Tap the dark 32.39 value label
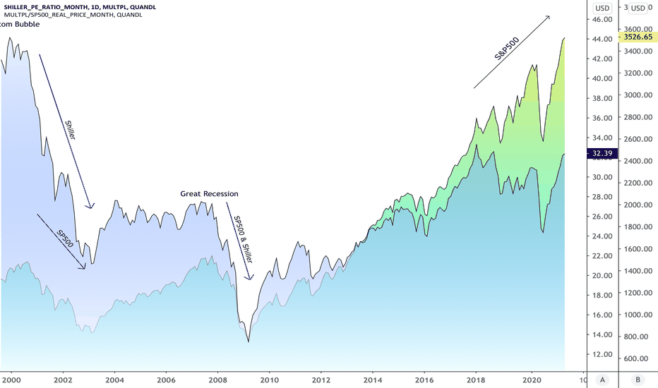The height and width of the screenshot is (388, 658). [x=602, y=153]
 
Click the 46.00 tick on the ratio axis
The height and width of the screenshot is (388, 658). [x=602, y=20]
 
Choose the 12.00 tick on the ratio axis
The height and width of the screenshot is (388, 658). [x=602, y=354]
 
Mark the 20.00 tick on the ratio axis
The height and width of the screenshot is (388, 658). [x=602, y=275]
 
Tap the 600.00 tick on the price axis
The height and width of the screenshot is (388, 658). [x=635, y=358]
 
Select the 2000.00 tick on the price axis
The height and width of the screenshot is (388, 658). [x=635, y=205]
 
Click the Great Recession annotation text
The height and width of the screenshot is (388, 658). [x=209, y=193]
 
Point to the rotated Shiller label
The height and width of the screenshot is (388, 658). [x=70, y=131]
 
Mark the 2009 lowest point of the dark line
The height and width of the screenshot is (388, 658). [x=249, y=342]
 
